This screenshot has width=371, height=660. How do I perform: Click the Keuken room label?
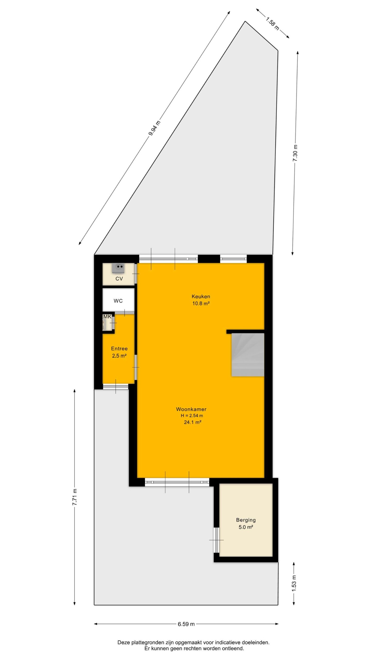click(x=201, y=296)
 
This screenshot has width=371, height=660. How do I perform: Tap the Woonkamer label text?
click(x=191, y=409)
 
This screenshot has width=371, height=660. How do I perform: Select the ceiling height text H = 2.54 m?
click(x=192, y=416)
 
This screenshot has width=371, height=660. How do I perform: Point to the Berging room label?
click(x=246, y=520)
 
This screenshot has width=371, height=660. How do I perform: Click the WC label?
click(x=118, y=301)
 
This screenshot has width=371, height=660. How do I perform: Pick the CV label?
click(x=119, y=279)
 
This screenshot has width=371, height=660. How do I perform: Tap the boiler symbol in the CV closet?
click(x=118, y=268)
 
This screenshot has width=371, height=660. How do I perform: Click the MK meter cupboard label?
click(x=107, y=317)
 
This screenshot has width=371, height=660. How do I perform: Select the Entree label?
click(x=119, y=349)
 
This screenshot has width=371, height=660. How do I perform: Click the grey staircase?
click(x=248, y=355)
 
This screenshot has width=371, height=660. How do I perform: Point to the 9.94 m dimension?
click(x=154, y=128)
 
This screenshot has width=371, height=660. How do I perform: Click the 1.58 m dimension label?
click(x=273, y=23)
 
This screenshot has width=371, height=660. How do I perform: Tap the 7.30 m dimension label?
click(x=295, y=153)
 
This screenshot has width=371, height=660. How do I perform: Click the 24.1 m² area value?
click(x=192, y=422)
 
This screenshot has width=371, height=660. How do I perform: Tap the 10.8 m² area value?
click(x=201, y=303)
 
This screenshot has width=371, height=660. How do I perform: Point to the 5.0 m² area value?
click(x=246, y=527)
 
